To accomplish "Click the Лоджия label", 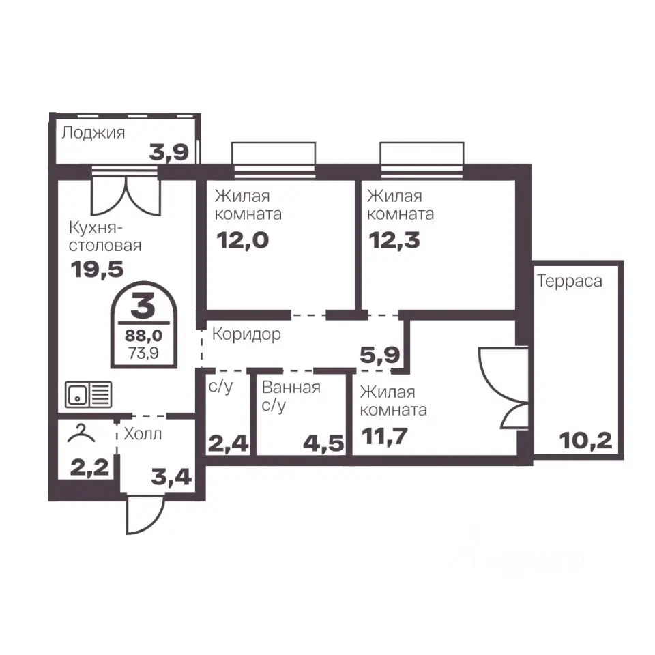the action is [93, 133].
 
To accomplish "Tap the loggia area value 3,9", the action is [169, 152].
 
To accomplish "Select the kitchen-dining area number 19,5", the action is [98, 269].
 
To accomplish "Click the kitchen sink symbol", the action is [88, 394].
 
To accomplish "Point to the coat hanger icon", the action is [81, 434].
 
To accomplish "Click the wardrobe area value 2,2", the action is [89, 467].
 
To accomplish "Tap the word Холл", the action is [143, 435].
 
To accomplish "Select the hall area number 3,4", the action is [171, 477].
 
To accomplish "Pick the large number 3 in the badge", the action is [143, 306].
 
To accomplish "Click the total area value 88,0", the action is [144, 335].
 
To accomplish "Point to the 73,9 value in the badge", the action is [144, 353].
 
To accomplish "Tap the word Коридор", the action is [246, 334].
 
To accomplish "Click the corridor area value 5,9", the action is [380, 355].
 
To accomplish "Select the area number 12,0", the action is [242, 241].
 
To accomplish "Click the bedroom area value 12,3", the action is [394, 241].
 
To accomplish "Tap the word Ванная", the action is [291, 388].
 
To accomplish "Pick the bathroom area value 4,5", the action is [323, 443].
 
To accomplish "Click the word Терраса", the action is [570, 281].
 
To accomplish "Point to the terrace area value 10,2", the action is [585, 441].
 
